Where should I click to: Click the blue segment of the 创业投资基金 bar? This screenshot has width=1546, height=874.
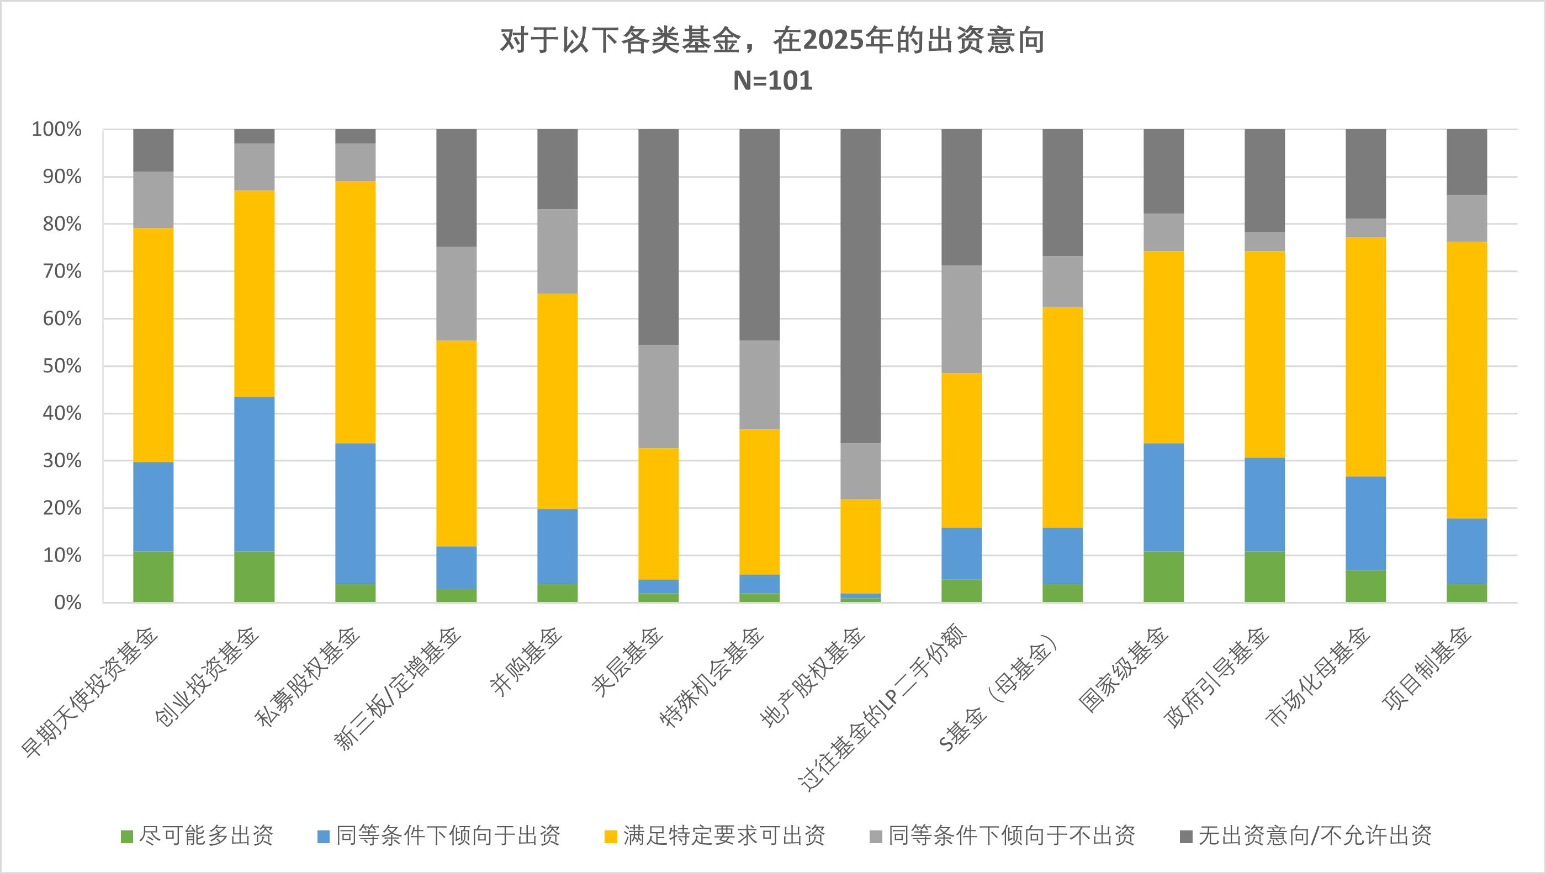click(254, 474)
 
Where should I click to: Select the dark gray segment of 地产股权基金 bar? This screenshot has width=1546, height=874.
click(860, 286)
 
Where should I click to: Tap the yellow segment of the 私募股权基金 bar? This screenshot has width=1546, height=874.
click(355, 312)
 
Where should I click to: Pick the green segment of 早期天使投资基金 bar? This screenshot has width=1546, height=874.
click(153, 577)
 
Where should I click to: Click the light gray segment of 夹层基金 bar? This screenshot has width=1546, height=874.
click(658, 396)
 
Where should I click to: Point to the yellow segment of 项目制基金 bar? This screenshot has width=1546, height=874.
click(1466, 380)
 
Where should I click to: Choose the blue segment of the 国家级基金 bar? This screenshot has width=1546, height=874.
click(1163, 498)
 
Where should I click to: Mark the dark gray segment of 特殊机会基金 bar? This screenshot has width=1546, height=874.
click(759, 235)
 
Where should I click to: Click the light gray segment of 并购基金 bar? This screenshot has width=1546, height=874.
click(557, 251)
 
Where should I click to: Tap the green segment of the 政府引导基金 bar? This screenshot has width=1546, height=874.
click(1264, 577)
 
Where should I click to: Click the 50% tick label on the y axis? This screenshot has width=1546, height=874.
click(61, 366)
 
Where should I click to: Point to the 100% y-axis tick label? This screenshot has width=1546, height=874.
click(56, 129)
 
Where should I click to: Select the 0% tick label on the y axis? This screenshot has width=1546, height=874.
click(67, 603)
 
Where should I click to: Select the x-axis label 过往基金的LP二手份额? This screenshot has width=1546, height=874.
click(882, 708)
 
